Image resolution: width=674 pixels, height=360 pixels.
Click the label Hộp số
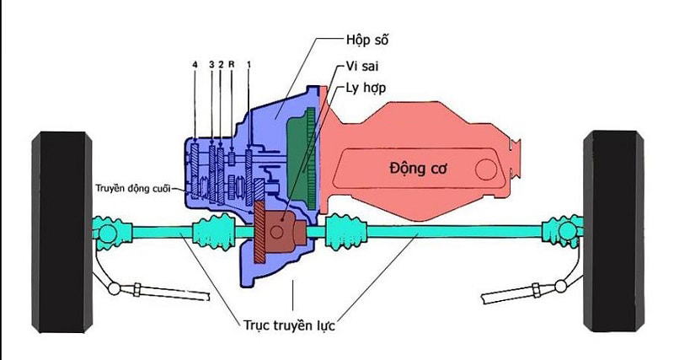tap(368, 40)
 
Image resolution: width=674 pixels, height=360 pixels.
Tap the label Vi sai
tap(362, 65)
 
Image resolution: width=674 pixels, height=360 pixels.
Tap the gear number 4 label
tap(195, 65)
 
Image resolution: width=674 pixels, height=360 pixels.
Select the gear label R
tap(230, 65)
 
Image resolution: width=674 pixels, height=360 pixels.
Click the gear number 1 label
tap(249, 65)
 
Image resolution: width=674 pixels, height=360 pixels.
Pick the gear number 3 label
tap(211, 65)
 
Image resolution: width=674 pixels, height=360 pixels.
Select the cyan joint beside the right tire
tap(560, 230)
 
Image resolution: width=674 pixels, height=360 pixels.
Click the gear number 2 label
tap(220, 65)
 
